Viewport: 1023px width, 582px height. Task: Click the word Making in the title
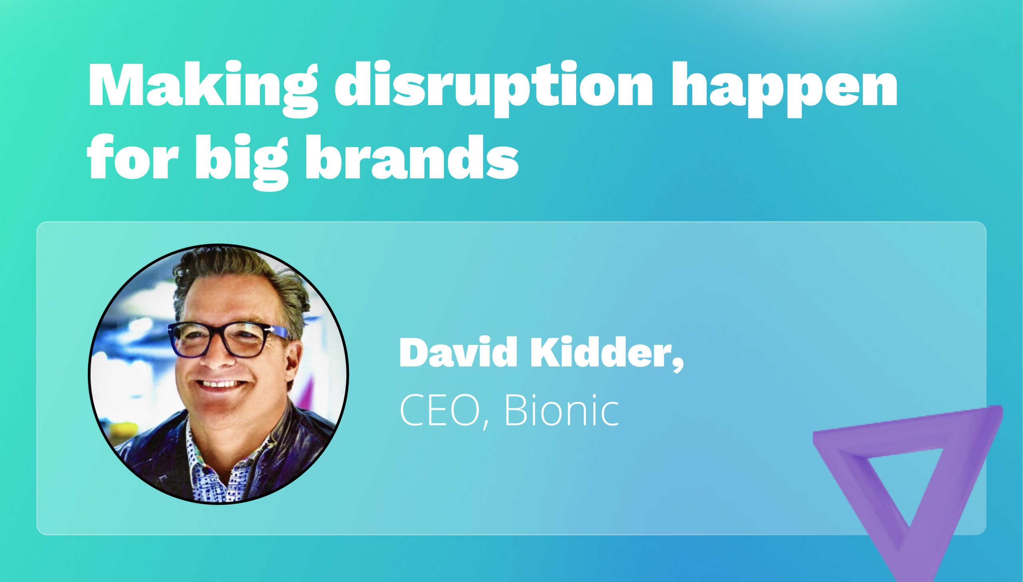point(202,86)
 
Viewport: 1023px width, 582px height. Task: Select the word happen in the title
point(784,86)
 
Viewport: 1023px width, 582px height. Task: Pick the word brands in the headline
point(412,158)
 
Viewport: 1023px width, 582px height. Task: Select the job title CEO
point(440,411)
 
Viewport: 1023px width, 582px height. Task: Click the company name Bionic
point(561,411)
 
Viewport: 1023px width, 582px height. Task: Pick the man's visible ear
point(294,360)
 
